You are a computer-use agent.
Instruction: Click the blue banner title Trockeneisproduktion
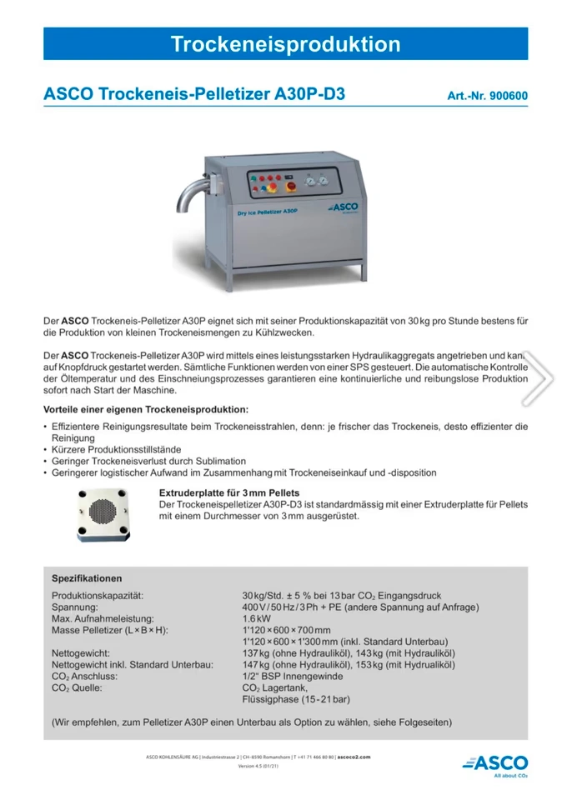(285, 44)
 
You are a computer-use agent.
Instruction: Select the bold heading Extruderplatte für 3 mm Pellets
(229, 492)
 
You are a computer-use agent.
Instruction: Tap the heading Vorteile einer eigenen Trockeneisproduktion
(146, 409)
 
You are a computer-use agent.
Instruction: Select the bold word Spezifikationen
(87, 578)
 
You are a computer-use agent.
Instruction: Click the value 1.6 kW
(256, 618)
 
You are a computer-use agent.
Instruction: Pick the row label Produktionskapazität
(98, 596)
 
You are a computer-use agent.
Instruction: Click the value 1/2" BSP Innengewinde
(291, 677)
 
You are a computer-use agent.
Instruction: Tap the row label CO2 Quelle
(77, 688)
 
